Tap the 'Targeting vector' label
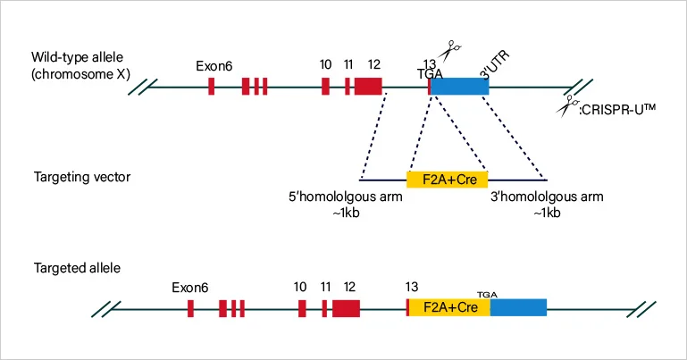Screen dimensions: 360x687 [82, 177]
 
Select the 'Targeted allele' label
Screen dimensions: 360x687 [77, 268]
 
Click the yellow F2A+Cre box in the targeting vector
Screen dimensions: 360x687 [448, 179]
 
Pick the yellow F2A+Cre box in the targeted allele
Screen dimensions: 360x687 [448, 307]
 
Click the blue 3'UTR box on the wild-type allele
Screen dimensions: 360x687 [460, 87]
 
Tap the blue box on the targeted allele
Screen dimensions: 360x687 [518, 307]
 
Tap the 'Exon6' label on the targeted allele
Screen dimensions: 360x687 [190, 288]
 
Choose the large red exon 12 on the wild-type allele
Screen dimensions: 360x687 [368, 87]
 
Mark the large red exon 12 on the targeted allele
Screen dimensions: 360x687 [346, 308]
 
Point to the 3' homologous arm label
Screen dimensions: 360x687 [548, 197]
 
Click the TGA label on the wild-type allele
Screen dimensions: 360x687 [430, 74]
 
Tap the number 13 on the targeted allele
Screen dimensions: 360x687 [411, 287]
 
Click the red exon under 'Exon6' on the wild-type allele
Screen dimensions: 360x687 [212, 87]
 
